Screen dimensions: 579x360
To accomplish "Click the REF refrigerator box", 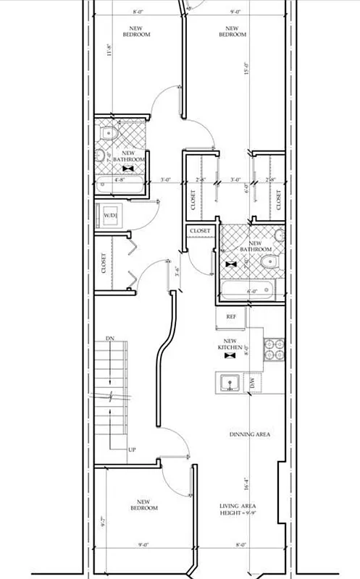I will click(x=231, y=317).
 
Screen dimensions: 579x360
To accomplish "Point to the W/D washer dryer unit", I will click(x=111, y=215).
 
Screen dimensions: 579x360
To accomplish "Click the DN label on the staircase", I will click(x=110, y=338).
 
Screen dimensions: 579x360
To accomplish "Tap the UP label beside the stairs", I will click(x=131, y=450).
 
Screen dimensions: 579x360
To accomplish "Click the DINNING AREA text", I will click(x=250, y=434).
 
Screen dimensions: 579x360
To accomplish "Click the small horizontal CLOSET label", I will click(x=200, y=231).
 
